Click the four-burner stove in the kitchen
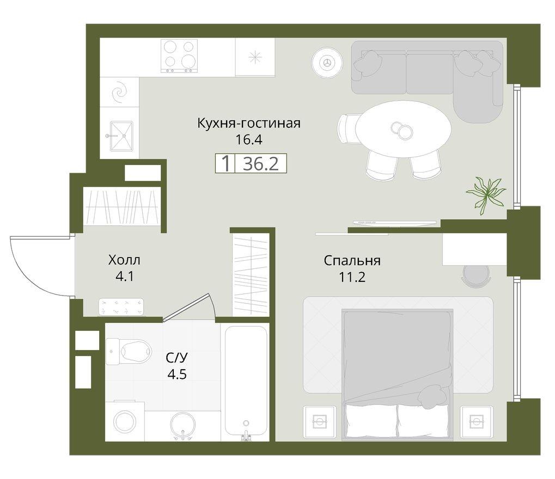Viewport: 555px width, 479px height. (179, 56)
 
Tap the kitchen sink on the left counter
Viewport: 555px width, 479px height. (122, 136)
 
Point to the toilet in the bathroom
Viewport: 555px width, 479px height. (129, 352)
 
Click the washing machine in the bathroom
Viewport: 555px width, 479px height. (125, 421)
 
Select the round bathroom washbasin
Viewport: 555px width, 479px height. (182, 426)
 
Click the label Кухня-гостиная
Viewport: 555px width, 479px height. (249, 123)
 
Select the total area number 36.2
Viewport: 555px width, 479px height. (260, 164)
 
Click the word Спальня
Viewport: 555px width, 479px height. (352, 261)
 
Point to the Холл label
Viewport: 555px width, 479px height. (124, 260)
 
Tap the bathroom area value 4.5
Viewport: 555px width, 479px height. (177, 373)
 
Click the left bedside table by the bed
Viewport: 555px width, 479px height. (319, 422)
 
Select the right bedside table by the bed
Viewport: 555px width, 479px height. (476, 422)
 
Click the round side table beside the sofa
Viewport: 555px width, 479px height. (327, 63)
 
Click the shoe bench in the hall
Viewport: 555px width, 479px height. (121, 306)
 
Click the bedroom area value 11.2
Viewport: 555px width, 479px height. (352, 277)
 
